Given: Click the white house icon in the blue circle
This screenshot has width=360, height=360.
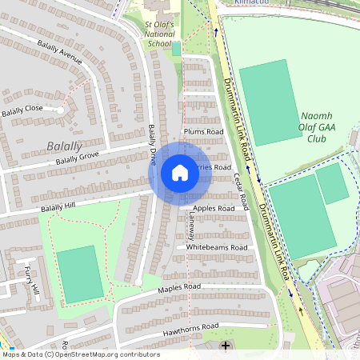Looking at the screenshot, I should (x=180, y=172).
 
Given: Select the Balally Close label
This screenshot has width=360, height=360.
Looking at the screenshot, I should (x=22, y=110).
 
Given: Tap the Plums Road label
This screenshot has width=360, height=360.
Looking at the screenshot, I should (x=203, y=131).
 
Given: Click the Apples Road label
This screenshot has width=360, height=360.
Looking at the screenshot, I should (x=214, y=208).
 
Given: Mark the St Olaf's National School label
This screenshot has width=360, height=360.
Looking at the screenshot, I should (x=159, y=34).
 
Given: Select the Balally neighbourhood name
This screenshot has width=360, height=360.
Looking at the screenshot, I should (x=64, y=146).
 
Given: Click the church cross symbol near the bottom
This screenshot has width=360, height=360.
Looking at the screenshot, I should (x=226, y=346).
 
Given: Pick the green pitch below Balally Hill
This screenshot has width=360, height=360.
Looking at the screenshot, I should (x=80, y=274).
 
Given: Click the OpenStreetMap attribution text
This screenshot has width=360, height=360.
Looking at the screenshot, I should (x=80, y=354).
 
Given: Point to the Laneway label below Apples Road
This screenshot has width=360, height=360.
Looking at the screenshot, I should (x=190, y=228).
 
